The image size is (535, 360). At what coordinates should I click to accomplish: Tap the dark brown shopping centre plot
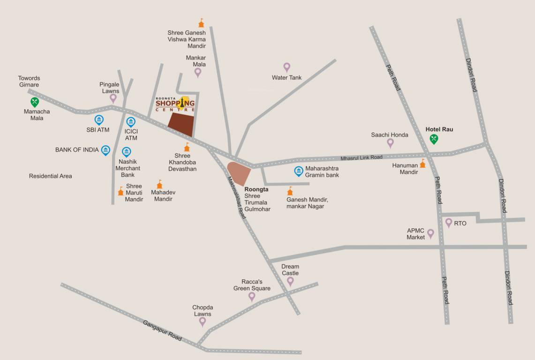[181, 124]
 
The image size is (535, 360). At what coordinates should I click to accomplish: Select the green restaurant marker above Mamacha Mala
[35, 102]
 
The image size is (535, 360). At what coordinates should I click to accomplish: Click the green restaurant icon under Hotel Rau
[434, 139]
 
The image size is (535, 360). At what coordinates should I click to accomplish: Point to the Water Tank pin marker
[287, 67]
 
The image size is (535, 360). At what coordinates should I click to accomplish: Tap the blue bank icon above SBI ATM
[99, 120]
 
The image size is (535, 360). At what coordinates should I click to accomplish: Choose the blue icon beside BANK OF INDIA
[105, 150]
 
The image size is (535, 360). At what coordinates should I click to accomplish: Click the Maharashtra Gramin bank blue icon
[298, 171]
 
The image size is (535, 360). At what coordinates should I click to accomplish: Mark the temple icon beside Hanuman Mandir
[422, 163]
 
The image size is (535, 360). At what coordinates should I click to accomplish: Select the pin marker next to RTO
[449, 223]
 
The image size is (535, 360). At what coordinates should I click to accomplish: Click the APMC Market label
[415, 234]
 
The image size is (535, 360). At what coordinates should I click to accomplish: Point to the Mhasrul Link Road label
[362, 157]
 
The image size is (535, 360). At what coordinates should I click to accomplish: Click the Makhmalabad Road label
[236, 197]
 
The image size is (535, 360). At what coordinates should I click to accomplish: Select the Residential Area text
[51, 176]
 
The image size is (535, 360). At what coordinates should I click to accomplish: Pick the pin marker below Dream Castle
[290, 281]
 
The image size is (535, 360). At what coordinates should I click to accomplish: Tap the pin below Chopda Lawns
[203, 322]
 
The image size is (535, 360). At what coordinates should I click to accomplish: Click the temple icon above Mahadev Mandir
[159, 184]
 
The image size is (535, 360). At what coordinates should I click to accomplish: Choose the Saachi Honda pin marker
[390, 143]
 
